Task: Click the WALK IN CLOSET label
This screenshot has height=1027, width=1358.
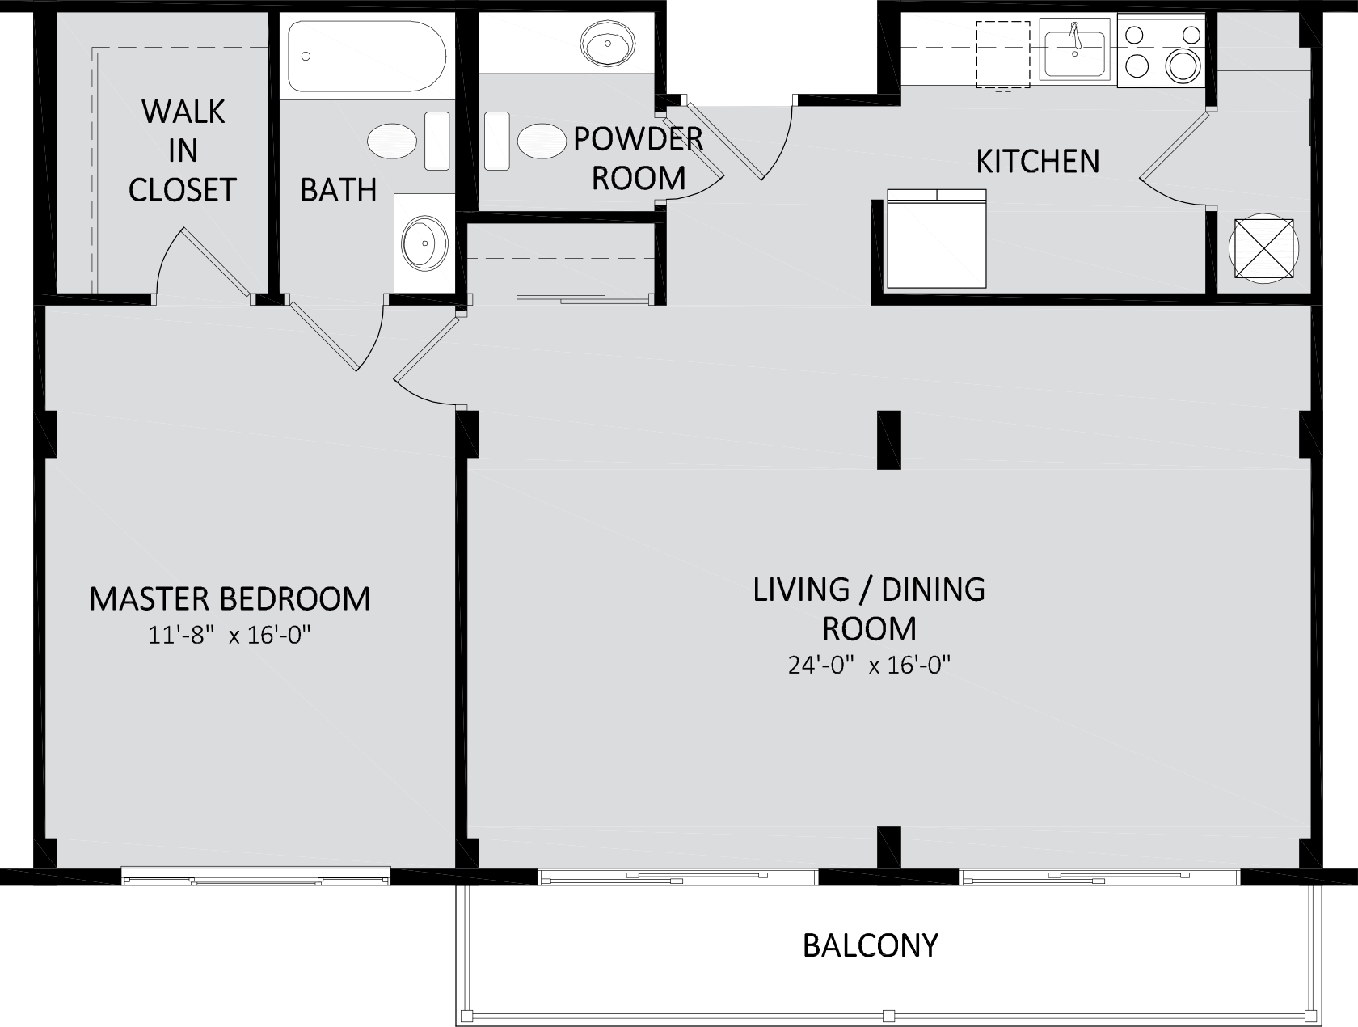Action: (x=183, y=150)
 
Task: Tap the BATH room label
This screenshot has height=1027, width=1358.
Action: (x=339, y=190)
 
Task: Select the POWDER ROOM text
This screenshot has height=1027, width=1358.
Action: (x=639, y=158)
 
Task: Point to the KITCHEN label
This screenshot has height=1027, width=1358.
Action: (x=1038, y=162)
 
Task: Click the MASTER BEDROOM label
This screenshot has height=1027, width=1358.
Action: (x=230, y=599)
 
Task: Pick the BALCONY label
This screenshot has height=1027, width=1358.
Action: (x=871, y=945)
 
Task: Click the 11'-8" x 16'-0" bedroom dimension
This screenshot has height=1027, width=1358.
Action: (x=229, y=635)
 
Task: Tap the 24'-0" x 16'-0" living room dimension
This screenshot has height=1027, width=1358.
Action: (x=869, y=665)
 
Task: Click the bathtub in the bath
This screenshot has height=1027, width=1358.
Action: (x=367, y=56)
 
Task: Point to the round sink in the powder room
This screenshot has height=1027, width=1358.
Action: (x=608, y=44)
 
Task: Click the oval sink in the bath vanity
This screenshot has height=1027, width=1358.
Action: (x=425, y=243)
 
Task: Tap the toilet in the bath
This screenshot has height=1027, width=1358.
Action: (x=408, y=141)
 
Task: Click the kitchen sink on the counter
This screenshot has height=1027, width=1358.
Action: (x=1074, y=49)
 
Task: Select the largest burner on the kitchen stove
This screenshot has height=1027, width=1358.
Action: (x=1183, y=66)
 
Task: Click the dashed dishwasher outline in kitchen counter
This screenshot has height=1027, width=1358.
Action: (x=1003, y=54)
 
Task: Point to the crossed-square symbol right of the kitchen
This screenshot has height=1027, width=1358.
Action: (x=1264, y=249)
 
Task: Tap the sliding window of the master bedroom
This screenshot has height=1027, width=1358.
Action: (x=255, y=876)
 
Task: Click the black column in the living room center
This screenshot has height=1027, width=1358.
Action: (x=889, y=440)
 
